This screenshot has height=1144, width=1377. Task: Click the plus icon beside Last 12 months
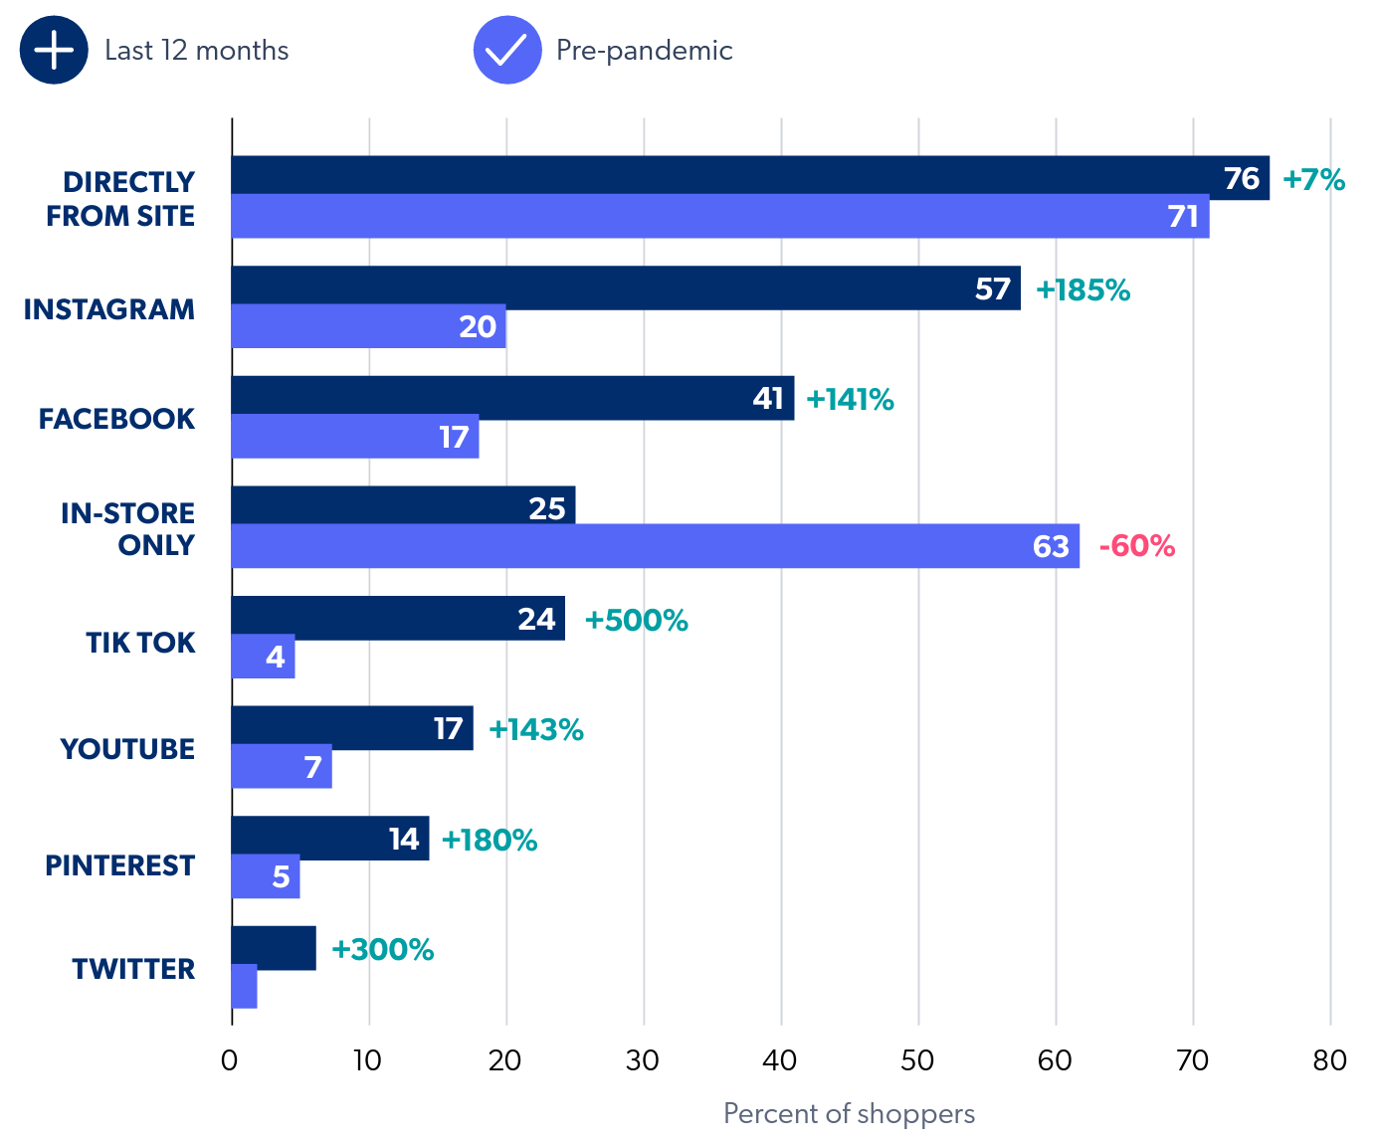coord(54,50)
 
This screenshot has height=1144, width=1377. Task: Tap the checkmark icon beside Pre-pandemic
coord(507,50)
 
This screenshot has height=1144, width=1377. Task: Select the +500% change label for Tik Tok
coord(636,620)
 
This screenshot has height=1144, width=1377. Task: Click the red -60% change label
coord(1136,546)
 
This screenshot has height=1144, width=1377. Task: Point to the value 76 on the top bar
coord(1241,179)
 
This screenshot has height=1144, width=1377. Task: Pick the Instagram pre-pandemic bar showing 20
coord(368,326)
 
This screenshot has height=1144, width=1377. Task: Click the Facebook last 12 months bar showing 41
coord(512,398)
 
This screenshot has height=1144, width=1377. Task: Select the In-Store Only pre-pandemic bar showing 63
coord(655,546)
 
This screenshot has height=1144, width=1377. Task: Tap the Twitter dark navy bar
coord(274,948)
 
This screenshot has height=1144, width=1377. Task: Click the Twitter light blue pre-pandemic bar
coord(244,986)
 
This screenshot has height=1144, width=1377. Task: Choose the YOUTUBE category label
coord(127,749)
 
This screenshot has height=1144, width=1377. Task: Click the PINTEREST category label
coord(119,865)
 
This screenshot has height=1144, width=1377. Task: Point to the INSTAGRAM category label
coord(109,309)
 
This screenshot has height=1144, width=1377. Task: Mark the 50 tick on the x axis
coord(917,1060)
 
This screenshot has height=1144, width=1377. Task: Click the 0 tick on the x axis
coord(230,1060)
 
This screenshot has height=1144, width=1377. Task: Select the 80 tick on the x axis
coord(1329,1060)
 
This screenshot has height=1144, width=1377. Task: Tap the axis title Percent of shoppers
coord(849,1113)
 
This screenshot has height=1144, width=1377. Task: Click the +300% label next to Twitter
coord(382,949)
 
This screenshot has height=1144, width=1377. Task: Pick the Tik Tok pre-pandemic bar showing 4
coord(263,657)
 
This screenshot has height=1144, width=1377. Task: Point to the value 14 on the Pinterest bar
coord(404,840)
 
